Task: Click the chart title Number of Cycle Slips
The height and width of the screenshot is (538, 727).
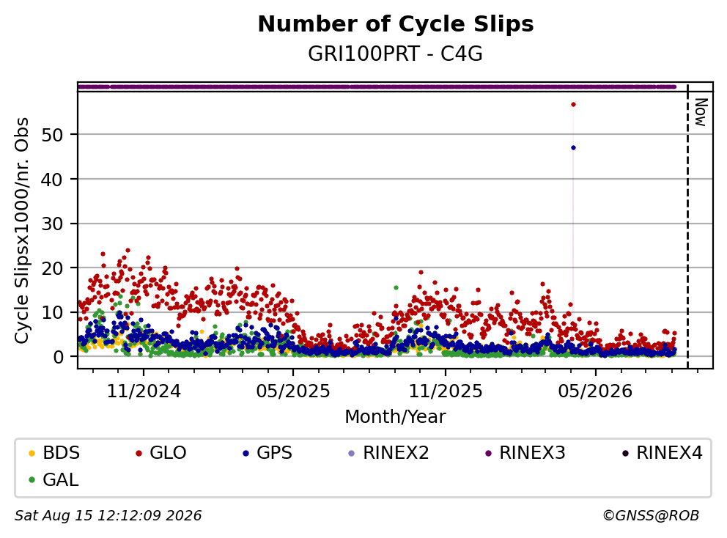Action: pos(396,24)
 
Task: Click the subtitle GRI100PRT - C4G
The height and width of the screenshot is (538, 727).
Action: pos(396,54)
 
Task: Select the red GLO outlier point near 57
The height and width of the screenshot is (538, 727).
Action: pos(574,104)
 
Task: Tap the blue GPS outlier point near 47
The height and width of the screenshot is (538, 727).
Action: pos(574,148)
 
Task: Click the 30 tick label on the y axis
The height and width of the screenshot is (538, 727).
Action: pos(52,224)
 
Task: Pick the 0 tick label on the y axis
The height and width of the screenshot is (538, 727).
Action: pos(58,357)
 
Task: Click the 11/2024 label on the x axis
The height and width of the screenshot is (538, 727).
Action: pos(144,391)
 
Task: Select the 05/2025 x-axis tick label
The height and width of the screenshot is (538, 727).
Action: pos(293,391)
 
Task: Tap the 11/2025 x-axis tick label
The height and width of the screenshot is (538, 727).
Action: pos(445,391)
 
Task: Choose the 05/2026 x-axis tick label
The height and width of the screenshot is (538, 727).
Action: pos(595,391)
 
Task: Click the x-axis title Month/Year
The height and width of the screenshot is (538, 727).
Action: pos(396,417)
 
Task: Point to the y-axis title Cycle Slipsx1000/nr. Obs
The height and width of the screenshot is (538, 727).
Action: pos(22,230)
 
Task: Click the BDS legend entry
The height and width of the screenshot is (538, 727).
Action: pos(54,453)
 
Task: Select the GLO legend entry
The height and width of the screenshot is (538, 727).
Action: pos(161,453)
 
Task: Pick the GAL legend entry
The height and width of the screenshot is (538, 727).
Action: pos(53,479)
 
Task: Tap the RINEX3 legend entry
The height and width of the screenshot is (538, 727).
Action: pos(525,453)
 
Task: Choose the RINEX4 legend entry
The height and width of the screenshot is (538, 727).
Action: pos(662,453)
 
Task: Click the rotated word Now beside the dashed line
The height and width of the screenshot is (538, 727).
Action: pos(701,112)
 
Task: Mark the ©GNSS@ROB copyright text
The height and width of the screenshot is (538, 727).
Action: pos(651,515)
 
